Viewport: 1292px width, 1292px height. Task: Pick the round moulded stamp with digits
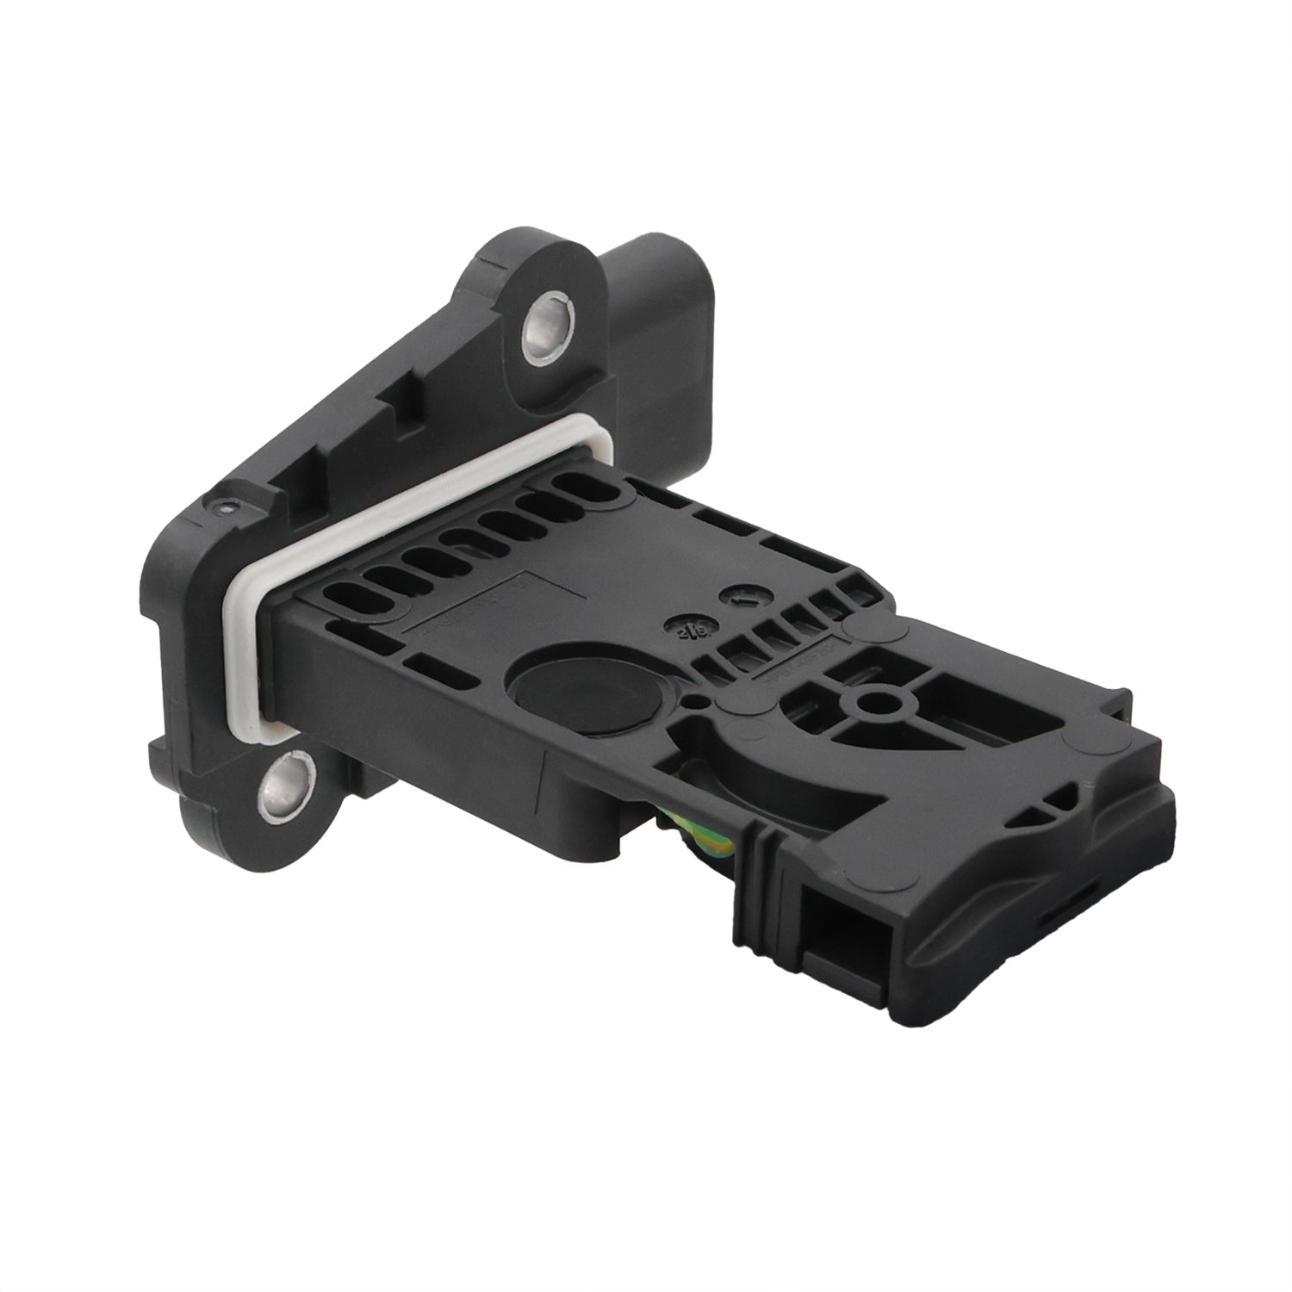(686, 626)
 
